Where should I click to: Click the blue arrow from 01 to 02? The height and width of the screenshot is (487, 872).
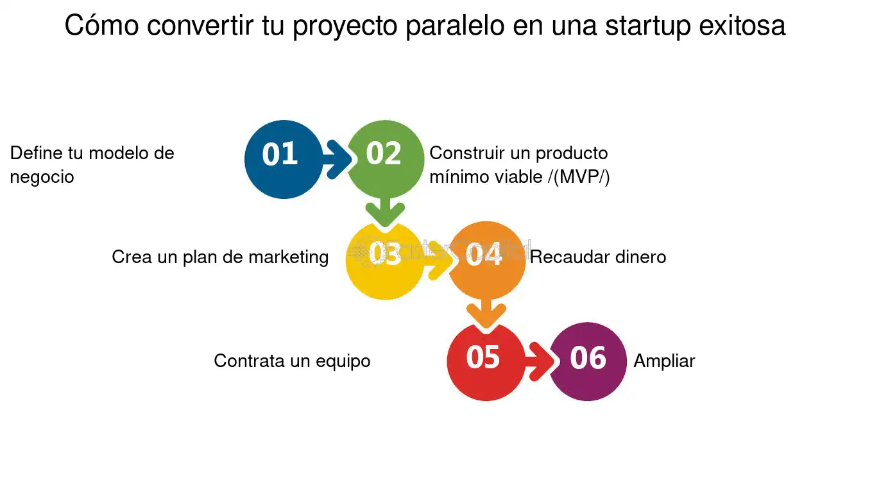tap(336, 158)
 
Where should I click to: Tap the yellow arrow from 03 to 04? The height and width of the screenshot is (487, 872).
tap(439, 261)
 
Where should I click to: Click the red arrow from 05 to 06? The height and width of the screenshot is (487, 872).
tap(540, 362)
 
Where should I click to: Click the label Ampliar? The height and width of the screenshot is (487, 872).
tap(664, 361)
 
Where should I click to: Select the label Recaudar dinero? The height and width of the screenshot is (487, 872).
tap(598, 257)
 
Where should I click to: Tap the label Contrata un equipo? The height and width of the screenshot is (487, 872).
tap(292, 361)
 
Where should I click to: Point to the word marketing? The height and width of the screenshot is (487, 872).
tap(288, 257)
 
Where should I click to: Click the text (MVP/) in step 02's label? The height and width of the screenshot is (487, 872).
tap(579, 177)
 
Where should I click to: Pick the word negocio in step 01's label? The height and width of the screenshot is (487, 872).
tap(42, 177)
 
